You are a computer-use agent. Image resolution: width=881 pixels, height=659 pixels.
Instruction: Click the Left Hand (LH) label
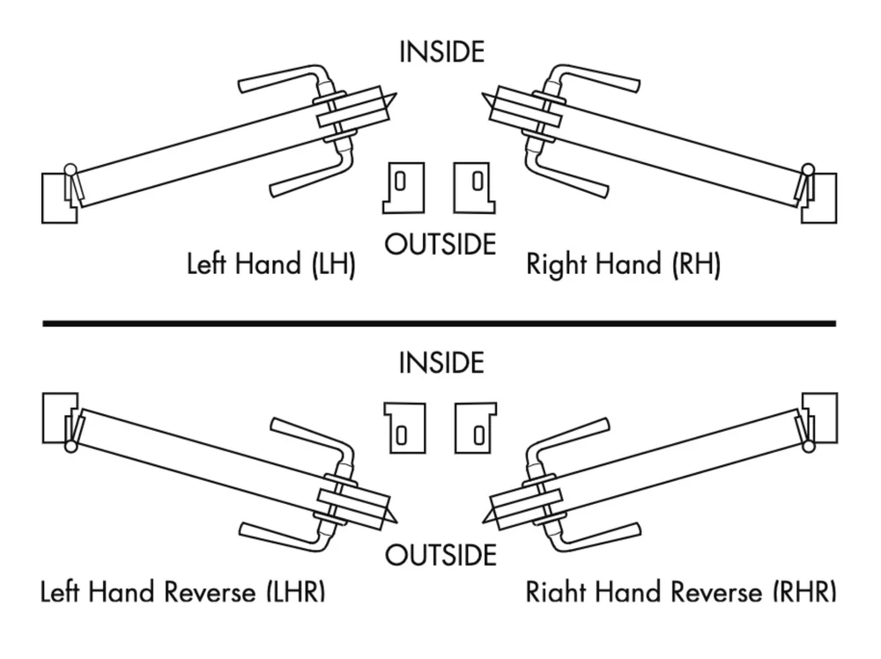point(271,264)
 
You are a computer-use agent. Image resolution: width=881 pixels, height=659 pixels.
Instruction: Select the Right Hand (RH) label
point(623,264)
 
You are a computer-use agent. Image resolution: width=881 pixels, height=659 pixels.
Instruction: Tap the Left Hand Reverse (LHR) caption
point(183,591)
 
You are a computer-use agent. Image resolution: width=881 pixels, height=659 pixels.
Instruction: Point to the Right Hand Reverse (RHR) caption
point(681,591)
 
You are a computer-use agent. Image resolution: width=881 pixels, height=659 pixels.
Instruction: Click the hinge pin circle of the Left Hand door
point(70,170)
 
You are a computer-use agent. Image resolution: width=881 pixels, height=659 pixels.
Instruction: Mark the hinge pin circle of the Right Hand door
point(807,170)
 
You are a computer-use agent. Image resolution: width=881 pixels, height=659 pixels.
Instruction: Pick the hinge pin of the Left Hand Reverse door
point(70,446)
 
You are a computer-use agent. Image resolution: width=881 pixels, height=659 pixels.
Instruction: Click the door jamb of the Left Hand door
point(55,198)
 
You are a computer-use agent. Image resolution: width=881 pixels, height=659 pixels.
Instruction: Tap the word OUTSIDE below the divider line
point(440,555)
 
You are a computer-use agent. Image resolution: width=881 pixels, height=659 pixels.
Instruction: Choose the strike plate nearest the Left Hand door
point(403,187)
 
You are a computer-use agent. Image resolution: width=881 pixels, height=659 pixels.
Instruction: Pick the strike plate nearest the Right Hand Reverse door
point(477,427)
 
